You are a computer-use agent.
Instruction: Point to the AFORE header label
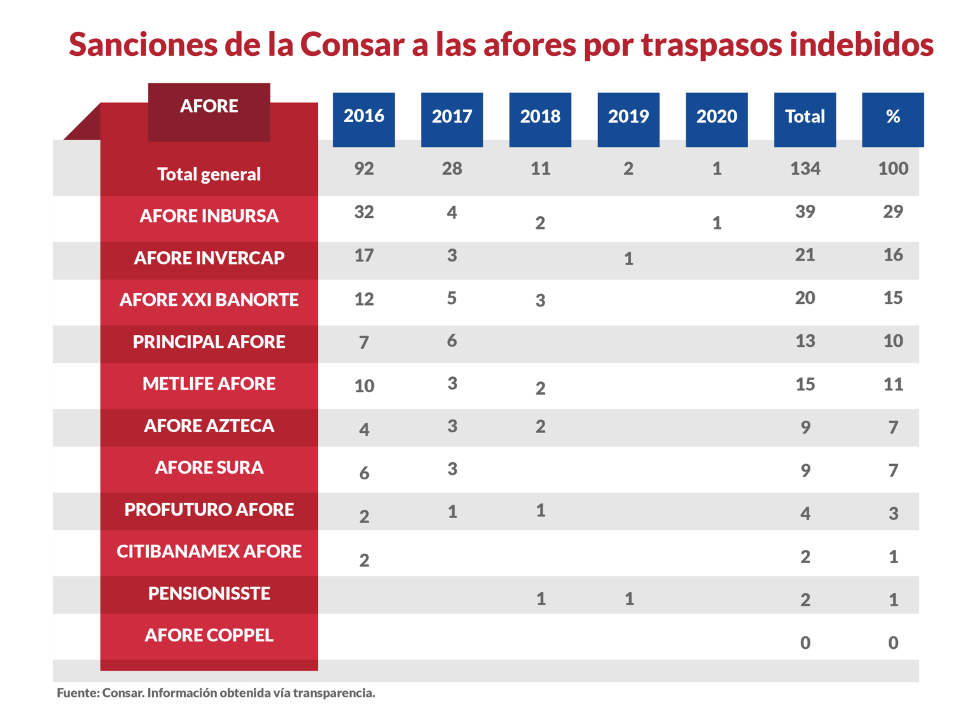(209, 106)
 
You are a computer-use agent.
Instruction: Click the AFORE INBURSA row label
(209, 216)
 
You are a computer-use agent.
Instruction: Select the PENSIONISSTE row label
(209, 594)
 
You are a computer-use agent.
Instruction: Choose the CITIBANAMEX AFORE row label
(209, 552)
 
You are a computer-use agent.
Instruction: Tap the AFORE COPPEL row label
(209, 636)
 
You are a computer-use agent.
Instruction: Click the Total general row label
(209, 174)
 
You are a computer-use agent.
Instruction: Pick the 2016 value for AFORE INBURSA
(364, 212)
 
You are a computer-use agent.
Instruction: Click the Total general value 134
(805, 169)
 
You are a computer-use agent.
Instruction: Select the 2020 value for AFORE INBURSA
(717, 223)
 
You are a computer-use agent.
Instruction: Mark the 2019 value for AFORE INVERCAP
(628, 259)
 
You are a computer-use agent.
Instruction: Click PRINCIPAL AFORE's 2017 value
(452, 341)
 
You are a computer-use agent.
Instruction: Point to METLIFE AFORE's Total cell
(805, 385)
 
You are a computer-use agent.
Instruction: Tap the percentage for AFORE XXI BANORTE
(893, 298)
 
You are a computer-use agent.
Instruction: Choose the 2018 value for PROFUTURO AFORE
(541, 511)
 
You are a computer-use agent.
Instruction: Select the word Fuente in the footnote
(77, 693)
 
